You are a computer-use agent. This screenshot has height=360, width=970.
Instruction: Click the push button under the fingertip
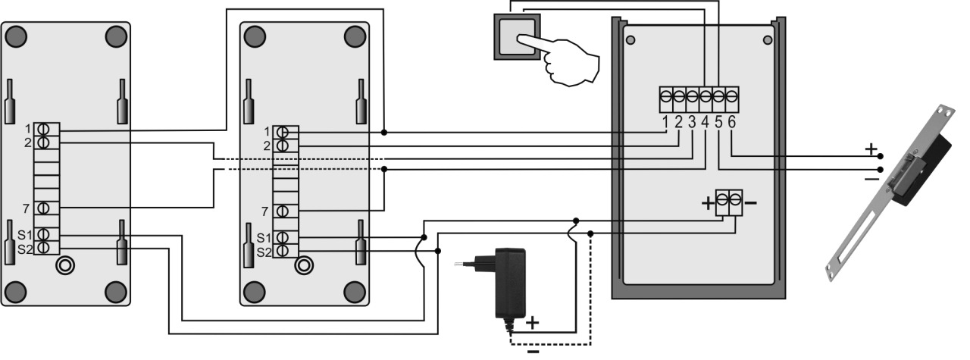[x=518, y=37]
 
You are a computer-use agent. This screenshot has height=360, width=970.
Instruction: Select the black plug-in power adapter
[x=498, y=286]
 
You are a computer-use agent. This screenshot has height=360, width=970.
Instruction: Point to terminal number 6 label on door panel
[x=732, y=122]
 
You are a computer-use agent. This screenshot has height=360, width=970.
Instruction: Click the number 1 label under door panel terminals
[x=665, y=122]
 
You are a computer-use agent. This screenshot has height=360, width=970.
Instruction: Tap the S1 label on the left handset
[x=25, y=235]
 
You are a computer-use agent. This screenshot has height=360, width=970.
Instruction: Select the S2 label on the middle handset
[x=264, y=252]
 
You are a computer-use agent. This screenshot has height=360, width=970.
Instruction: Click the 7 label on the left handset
[x=26, y=209]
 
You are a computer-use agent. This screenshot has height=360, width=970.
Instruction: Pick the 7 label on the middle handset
[x=265, y=211]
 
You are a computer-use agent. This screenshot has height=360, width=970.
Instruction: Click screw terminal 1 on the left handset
[x=43, y=129]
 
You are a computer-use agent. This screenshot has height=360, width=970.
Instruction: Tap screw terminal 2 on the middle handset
[x=283, y=146]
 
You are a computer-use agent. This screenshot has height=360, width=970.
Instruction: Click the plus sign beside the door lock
[x=871, y=149]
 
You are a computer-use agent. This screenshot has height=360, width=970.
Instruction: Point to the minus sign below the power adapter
[x=533, y=352]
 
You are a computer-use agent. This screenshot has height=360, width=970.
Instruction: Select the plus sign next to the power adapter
[x=533, y=323]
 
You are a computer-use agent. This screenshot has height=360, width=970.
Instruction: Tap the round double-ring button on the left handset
[x=65, y=265]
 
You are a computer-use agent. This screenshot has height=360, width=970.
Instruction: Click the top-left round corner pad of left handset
[x=17, y=36]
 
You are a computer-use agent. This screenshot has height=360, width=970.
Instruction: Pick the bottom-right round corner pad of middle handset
[x=355, y=293]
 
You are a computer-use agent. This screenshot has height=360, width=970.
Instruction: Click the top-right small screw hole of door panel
[x=768, y=40]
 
